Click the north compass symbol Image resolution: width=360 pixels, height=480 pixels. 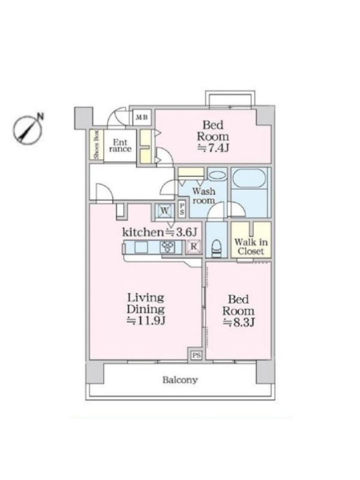click(x=28, y=129)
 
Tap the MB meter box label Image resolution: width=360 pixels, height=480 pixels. click(x=142, y=117)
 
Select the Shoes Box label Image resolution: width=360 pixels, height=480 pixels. click(x=97, y=145)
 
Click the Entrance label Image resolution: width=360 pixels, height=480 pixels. click(x=120, y=146)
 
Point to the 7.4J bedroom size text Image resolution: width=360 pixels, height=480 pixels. click(x=213, y=148)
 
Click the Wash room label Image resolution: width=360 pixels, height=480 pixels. click(x=203, y=196)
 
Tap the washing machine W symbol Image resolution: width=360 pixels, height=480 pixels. click(x=164, y=211)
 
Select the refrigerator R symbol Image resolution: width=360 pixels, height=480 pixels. click(x=194, y=247)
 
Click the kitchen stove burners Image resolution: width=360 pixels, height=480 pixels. click(x=167, y=247)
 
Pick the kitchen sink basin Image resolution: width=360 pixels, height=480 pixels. click(x=141, y=247)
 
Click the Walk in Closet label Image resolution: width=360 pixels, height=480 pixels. click(x=251, y=247)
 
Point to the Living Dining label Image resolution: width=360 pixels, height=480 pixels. click(x=146, y=304)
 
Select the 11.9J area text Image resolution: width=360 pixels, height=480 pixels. click(x=146, y=321)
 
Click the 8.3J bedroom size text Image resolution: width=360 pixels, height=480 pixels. click(x=238, y=322)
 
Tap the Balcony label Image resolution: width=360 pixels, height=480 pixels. click(x=180, y=380)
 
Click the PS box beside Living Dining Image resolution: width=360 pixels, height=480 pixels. click(x=196, y=355)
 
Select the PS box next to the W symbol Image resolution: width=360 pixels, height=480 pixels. click(x=182, y=209)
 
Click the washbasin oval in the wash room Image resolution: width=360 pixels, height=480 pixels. click(x=217, y=175)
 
